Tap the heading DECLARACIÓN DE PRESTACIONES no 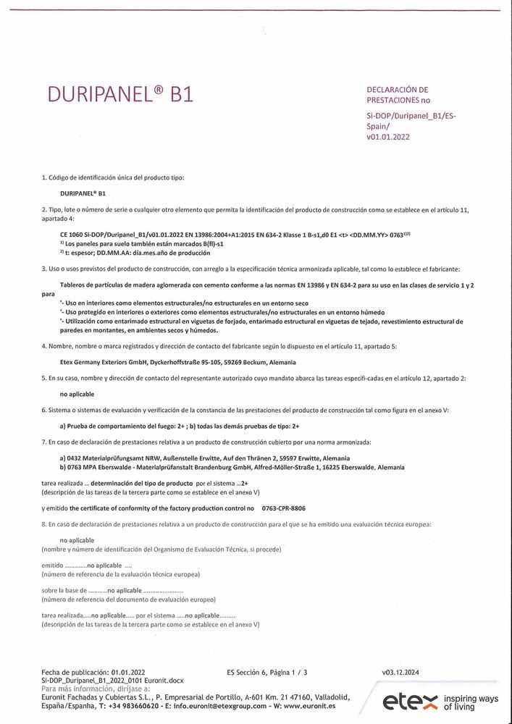(398, 94)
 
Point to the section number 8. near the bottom (44, 523)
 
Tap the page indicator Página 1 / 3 (292, 673)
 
